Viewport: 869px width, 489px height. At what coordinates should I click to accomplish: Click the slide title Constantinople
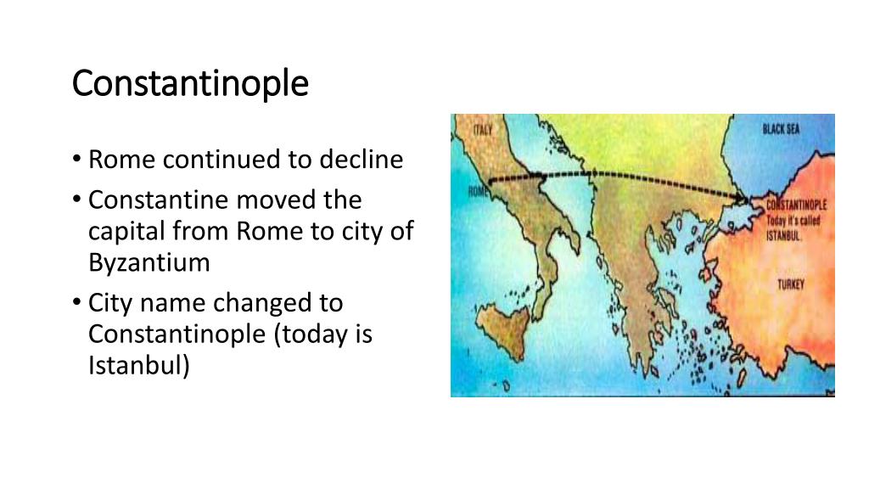pyautogui.click(x=190, y=83)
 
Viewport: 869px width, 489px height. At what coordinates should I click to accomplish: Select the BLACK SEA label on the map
pyautogui.click(x=781, y=129)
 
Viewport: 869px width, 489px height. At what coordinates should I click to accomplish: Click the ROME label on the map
pyautogui.click(x=479, y=192)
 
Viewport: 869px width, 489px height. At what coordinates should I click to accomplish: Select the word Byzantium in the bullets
pyautogui.click(x=149, y=262)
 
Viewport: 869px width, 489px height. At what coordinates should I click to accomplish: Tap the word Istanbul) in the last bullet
pyautogui.click(x=140, y=366)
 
